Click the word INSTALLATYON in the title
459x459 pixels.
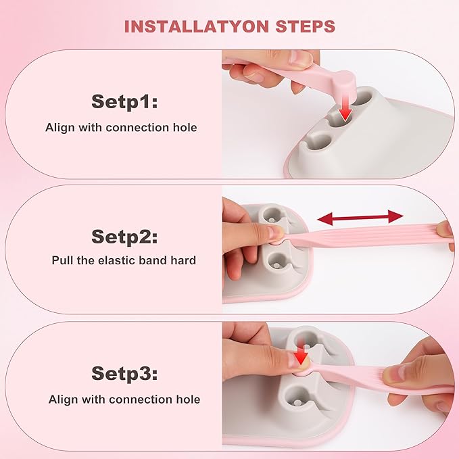tap(197, 26)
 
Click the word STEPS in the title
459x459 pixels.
tap(306, 26)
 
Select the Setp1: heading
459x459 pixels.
tap(124, 102)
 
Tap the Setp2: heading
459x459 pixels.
tap(124, 237)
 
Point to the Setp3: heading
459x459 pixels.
tap(124, 374)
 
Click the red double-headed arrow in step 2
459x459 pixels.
tap(360, 217)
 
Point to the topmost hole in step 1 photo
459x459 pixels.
tap(363, 97)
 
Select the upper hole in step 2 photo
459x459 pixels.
tap(272, 216)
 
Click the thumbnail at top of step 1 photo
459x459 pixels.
tap(299, 58)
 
